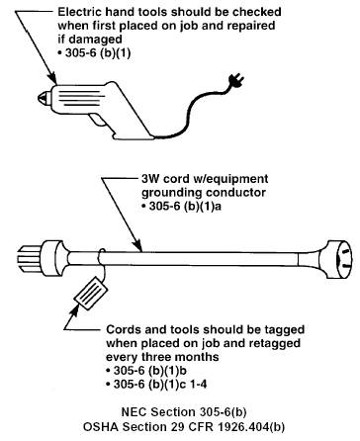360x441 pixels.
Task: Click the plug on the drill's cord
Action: (236, 81)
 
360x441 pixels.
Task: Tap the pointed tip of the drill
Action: (39, 97)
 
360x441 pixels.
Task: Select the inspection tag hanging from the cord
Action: (91, 293)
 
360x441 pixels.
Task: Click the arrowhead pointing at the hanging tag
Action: (74, 311)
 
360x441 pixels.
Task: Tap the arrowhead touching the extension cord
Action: (137, 245)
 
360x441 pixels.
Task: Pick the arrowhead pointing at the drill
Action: (51, 78)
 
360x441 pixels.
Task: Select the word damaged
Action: (95, 40)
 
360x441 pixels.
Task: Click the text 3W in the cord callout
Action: (150, 179)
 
